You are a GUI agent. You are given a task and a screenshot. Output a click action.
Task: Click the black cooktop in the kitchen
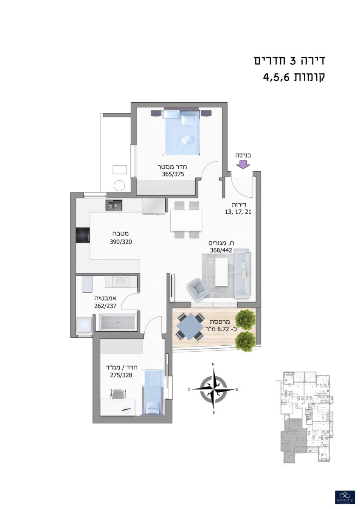(x=83, y=235)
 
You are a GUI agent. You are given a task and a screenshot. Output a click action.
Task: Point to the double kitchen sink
(x=114, y=206)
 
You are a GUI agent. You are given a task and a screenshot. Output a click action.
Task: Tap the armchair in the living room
(x=198, y=288)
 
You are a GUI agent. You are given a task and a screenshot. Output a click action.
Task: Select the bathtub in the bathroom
(x=118, y=323)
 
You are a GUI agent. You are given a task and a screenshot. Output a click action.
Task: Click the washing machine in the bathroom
(x=84, y=325)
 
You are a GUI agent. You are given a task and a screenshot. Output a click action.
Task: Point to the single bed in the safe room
(x=152, y=392)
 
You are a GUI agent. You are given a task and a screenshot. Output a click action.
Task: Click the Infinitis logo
(x=345, y=497)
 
